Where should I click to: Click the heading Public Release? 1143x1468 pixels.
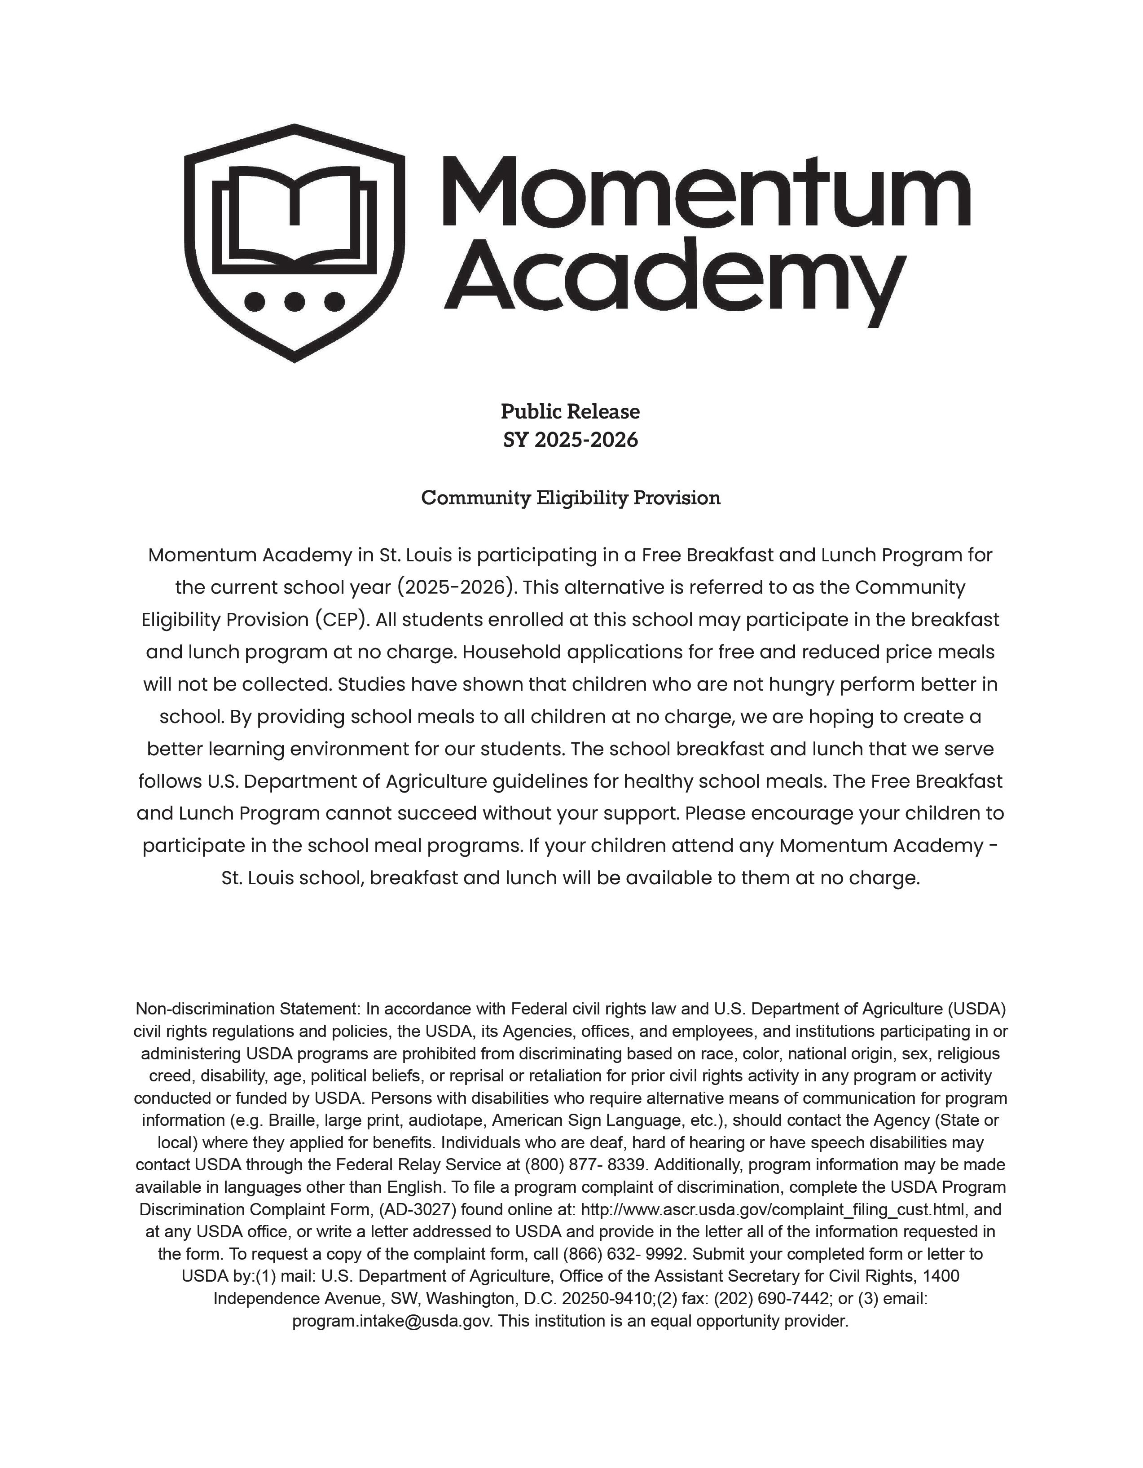click(571, 411)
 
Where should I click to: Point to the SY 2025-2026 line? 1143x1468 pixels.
click(571, 440)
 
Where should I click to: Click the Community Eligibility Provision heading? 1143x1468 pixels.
click(571, 498)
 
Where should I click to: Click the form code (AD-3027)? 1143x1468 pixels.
click(418, 1210)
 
